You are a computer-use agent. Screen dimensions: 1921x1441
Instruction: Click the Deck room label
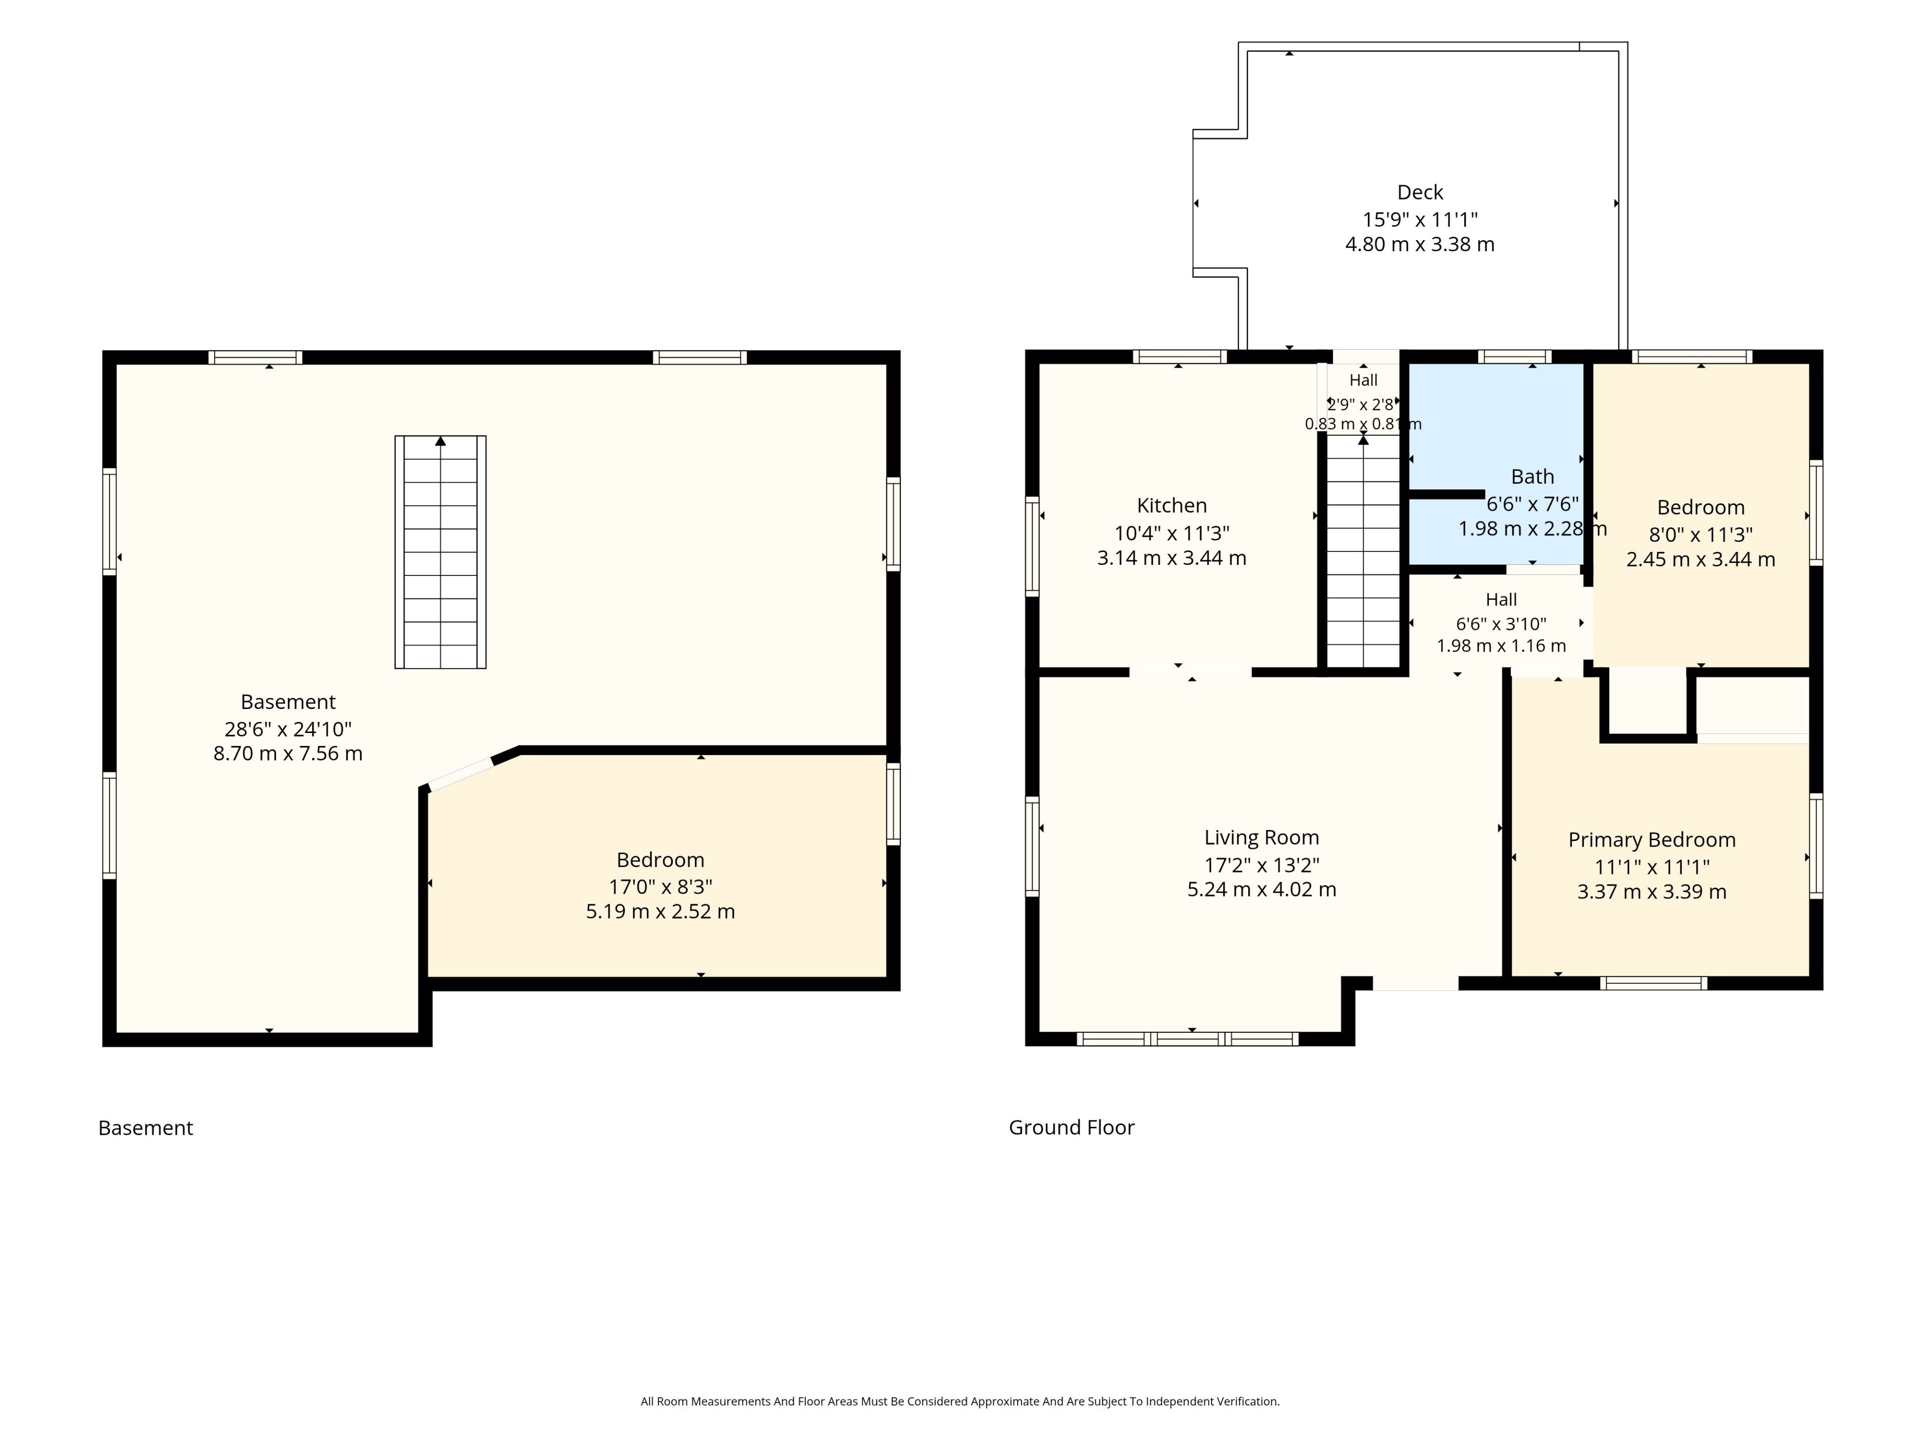[x=1420, y=192]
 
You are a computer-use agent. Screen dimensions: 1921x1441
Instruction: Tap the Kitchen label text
[x=1172, y=505]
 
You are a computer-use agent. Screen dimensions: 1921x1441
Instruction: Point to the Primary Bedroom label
[x=1652, y=840]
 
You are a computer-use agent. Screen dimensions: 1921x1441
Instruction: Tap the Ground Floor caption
[x=1072, y=1127]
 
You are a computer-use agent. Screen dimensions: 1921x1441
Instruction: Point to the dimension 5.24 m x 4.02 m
[x=1261, y=890]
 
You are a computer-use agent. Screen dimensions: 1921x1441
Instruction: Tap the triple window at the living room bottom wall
[x=1188, y=1039]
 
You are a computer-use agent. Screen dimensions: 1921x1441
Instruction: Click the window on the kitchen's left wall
[x=1033, y=546]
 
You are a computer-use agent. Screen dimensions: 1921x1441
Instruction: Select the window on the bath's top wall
[x=1515, y=356]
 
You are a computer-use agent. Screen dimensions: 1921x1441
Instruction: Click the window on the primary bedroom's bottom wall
[x=1653, y=983]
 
